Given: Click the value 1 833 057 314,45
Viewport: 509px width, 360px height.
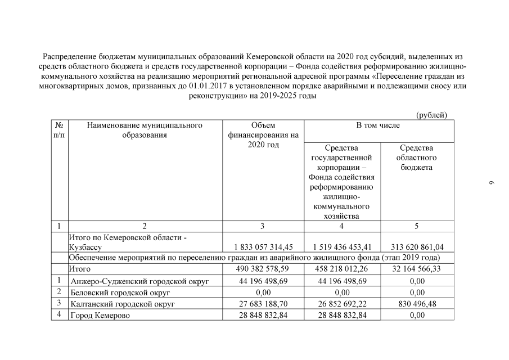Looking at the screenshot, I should pos(263,246).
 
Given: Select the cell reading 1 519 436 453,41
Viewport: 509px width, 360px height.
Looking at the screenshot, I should pos(342,246).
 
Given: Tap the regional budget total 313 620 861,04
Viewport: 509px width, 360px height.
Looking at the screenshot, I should pos(417,246).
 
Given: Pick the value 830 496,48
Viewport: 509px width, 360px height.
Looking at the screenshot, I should pos(417,304).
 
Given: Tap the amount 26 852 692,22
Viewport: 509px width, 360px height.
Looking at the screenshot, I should pos(342,304).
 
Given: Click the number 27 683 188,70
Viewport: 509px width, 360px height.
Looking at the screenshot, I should pos(263,304).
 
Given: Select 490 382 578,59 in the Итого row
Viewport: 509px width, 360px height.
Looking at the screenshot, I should pos(263,269).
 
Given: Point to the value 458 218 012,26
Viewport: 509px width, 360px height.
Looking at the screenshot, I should pos(342,269).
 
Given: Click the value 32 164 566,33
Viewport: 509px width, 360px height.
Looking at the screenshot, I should pos(417,269).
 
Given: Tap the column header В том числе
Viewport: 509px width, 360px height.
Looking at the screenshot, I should pos(378,125).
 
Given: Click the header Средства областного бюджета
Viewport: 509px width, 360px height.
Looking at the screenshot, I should pos(417,157).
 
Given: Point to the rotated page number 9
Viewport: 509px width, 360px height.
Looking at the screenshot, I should pos(490,183).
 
